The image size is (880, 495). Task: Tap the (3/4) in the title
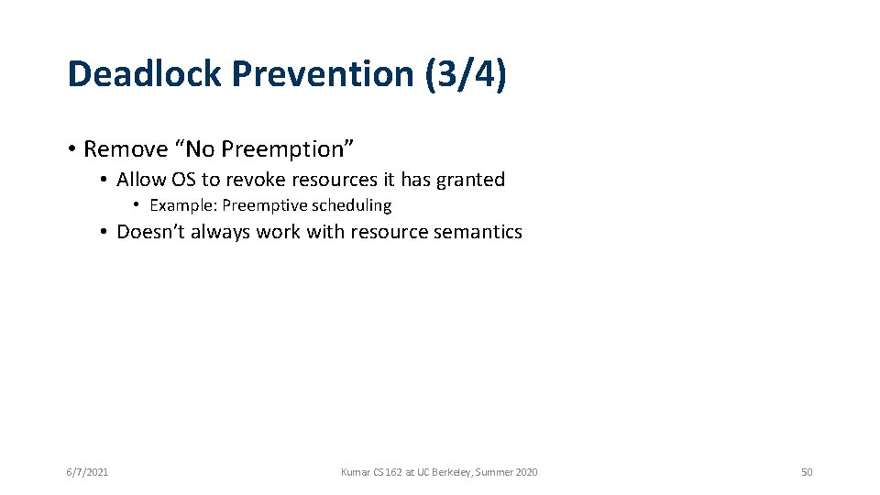(466, 74)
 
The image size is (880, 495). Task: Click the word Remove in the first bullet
(119, 148)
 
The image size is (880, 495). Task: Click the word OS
(182, 180)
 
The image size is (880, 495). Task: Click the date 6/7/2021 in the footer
(88, 472)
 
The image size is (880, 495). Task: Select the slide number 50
(807, 472)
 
